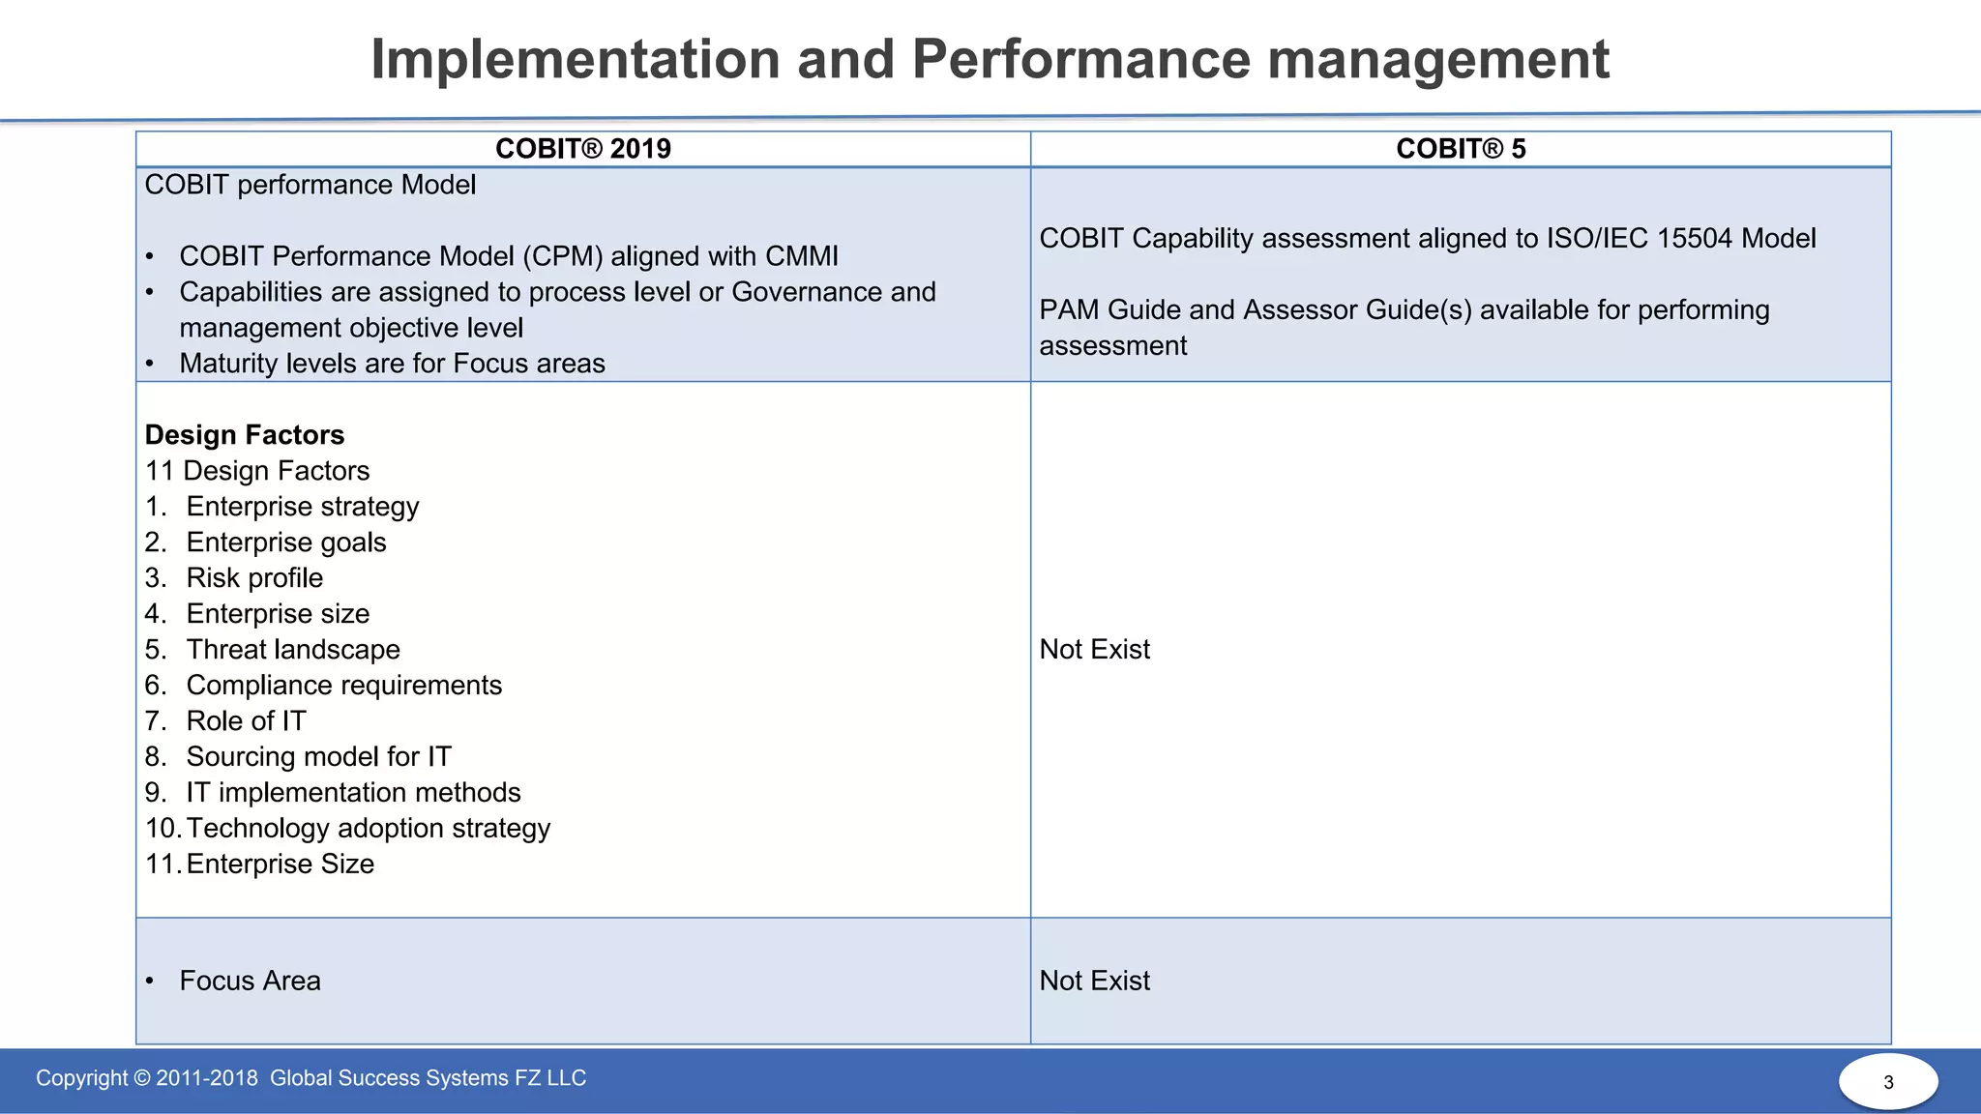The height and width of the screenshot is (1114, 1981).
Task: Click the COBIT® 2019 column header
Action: (x=582, y=149)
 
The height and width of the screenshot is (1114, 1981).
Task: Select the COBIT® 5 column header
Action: (x=1461, y=149)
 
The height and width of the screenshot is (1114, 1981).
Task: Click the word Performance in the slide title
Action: (x=1082, y=59)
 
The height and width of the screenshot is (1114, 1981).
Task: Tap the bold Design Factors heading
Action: (x=245, y=435)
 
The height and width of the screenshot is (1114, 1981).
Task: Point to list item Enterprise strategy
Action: (x=302, y=507)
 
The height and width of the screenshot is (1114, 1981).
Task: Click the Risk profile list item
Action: (x=254, y=578)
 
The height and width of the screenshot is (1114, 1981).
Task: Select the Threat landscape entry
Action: (x=293, y=650)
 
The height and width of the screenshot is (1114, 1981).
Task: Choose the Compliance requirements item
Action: (x=343, y=686)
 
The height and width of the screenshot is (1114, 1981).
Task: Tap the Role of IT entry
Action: (x=246, y=721)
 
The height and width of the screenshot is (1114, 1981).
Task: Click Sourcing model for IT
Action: (x=318, y=757)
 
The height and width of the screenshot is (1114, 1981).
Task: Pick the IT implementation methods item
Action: (x=353, y=793)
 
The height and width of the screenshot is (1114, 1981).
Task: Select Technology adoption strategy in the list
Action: (x=368, y=829)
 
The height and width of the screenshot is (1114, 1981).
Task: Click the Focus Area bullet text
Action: (x=250, y=981)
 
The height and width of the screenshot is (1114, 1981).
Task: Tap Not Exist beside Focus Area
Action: (x=1094, y=981)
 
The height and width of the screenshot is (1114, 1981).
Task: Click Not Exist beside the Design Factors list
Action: (x=1094, y=650)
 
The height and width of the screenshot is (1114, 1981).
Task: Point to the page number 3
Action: (x=1888, y=1082)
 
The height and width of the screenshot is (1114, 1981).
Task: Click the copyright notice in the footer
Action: (x=310, y=1078)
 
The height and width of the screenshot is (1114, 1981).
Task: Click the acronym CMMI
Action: (x=802, y=256)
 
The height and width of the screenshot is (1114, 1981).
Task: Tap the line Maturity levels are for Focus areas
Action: (x=392, y=364)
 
